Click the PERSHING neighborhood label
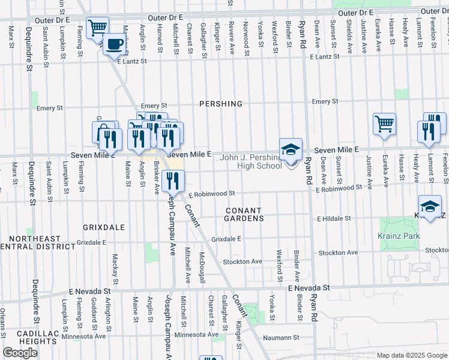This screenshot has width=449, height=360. pos(221,104)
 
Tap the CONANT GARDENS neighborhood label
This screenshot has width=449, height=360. pos(244,215)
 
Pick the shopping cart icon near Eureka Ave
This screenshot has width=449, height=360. pos(384,124)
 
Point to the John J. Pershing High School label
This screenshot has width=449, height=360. pos(250,161)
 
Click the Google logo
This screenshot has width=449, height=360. pos(20,353)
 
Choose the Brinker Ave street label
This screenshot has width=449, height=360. pos(157,178)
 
